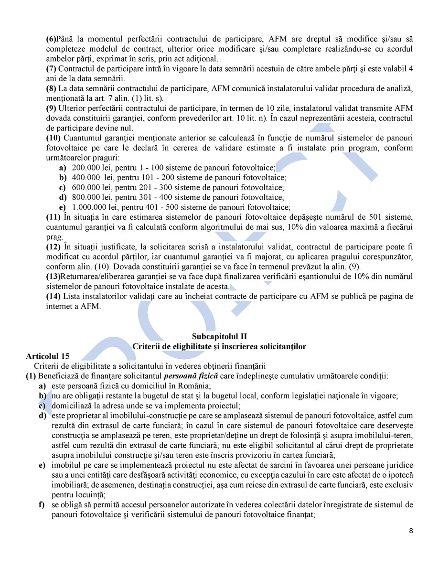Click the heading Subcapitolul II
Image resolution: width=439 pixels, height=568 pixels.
(219, 337)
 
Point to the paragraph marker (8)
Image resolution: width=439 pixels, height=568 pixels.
(51, 88)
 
